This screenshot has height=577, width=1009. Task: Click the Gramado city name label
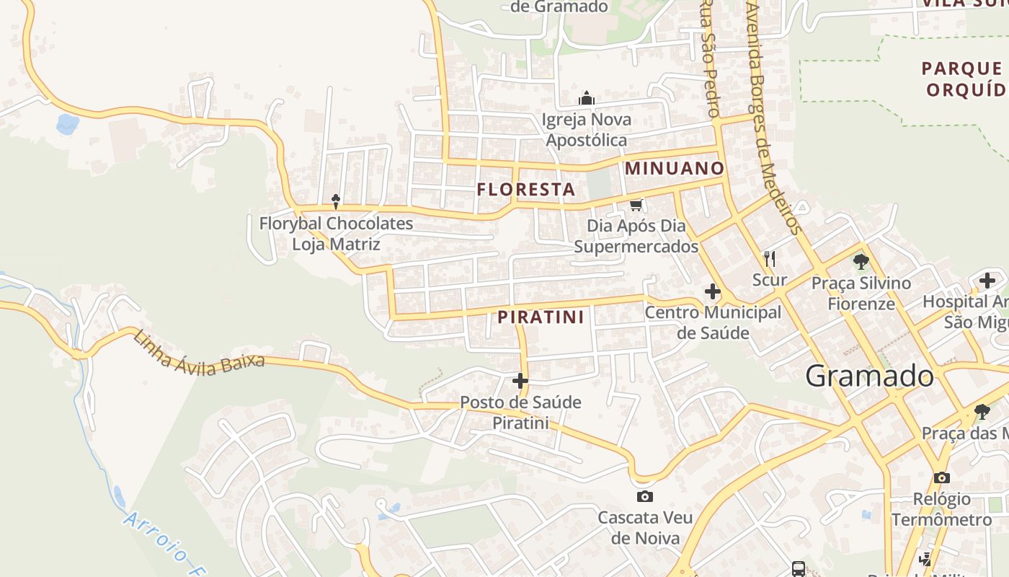tap(869, 376)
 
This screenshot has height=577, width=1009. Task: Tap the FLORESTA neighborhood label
tap(526, 190)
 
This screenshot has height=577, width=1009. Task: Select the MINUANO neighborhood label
tap(675, 168)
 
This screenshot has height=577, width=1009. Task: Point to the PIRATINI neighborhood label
tap(541, 317)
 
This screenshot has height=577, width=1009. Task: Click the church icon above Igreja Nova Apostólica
tap(587, 97)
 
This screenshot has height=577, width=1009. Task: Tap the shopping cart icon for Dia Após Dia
tap(636, 206)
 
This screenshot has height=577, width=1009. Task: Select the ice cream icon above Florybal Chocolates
tap(335, 201)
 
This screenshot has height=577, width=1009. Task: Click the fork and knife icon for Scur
tap(770, 258)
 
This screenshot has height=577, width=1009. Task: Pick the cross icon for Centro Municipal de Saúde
tap(713, 291)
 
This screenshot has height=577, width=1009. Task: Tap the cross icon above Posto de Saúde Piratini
tap(520, 381)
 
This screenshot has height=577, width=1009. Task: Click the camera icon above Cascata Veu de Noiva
tap(645, 496)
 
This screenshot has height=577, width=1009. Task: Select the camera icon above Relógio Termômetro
tap(941, 477)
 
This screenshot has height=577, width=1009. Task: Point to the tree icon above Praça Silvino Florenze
tap(861, 261)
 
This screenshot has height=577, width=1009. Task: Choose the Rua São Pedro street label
tap(710, 58)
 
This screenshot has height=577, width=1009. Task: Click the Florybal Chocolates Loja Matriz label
tap(336, 234)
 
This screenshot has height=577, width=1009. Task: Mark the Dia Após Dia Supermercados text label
tap(636, 236)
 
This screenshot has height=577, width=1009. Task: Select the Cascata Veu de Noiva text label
tap(645, 528)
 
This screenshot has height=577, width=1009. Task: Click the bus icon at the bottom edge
tap(799, 568)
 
